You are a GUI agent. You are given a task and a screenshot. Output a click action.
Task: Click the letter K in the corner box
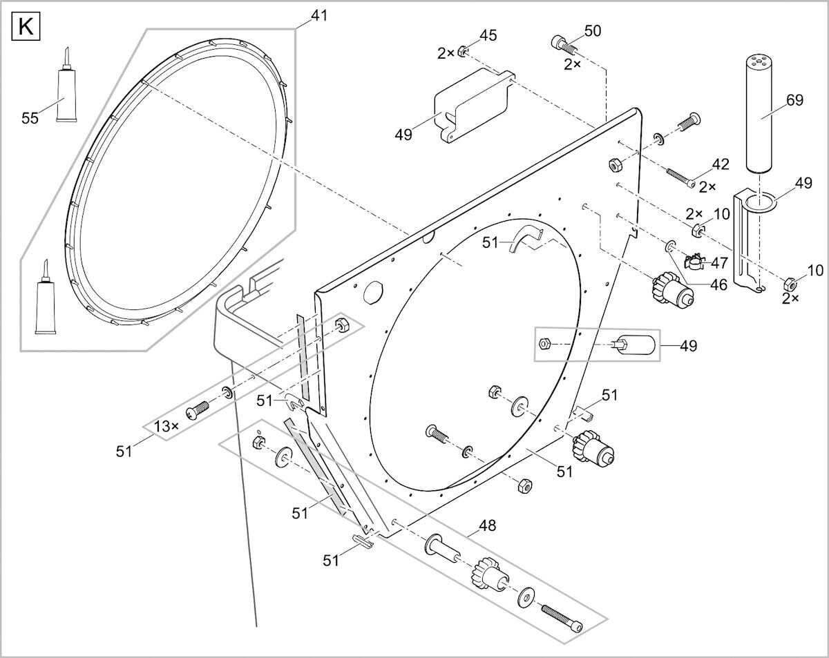[x=26, y=28]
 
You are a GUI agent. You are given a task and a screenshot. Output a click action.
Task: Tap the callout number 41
[x=319, y=16]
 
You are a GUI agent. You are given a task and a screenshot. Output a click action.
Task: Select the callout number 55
[x=30, y=118]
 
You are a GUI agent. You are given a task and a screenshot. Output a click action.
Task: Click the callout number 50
[x=593, y=31]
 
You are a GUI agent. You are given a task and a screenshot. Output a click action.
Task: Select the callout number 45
[x=488, y=35]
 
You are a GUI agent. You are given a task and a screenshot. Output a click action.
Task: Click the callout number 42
[x=721, y=164]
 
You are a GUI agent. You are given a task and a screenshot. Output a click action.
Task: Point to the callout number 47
[x=719, y=263]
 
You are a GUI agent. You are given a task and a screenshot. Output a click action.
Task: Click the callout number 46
[x=719, y=285]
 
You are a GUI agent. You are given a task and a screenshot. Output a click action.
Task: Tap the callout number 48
[x=487, y=525]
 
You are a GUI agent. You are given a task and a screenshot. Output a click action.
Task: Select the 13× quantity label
[x=166, y=426]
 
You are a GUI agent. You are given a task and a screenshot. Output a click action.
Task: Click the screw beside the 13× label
[x=198, y=409]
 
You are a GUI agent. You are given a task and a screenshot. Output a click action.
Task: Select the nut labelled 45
[x=463, y=52]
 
